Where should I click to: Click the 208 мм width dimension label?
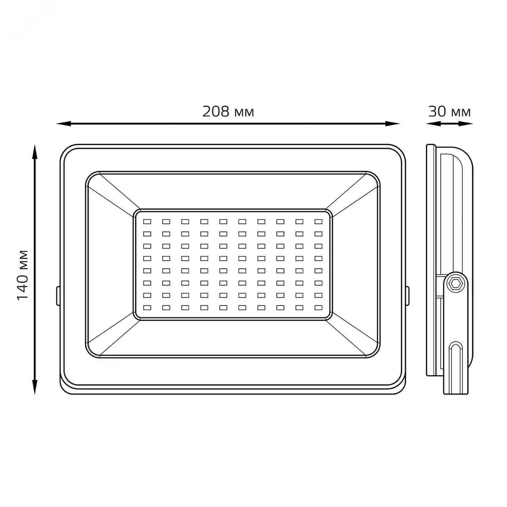click(x=228, y=112)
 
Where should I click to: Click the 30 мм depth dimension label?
click(x=450, y=112)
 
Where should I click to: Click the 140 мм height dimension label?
click(x=23, y=275)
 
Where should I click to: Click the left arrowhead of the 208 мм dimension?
click(x=64, y=124)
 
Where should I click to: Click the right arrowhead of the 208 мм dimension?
click(x=392, y=124)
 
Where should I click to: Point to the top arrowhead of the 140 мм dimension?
click(x=35, y=152)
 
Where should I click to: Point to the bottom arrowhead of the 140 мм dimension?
click(x=35, y=387)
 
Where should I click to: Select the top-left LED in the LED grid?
click(x=147, y=221)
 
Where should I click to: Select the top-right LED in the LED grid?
click(x=319, y=221)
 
